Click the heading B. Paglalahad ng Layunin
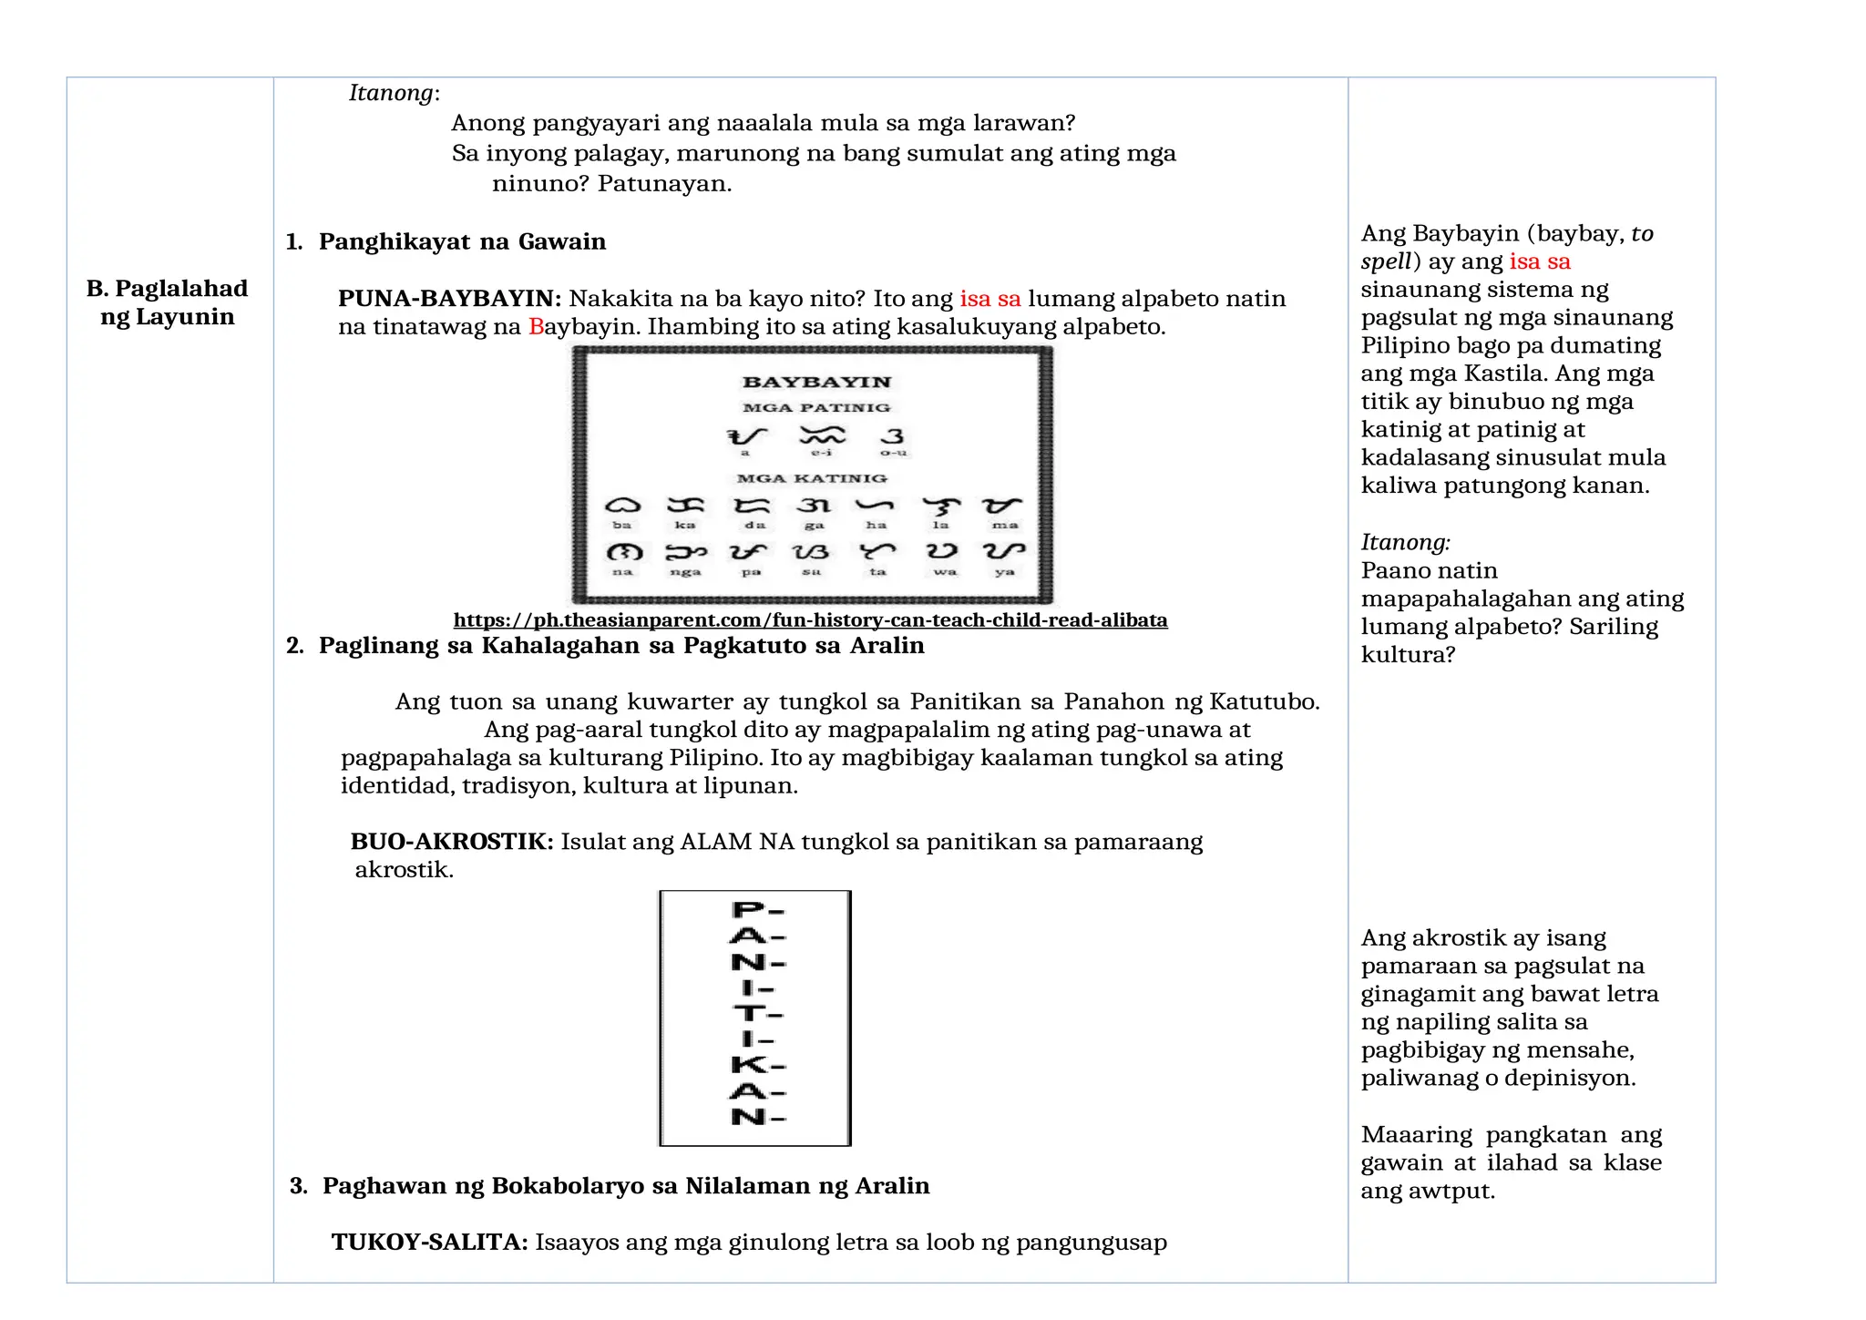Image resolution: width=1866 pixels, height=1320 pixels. tap(168, 302)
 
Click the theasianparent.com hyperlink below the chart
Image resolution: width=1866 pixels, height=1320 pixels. tap(810, 620)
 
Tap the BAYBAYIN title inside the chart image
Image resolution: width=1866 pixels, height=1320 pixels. tap(816, 382)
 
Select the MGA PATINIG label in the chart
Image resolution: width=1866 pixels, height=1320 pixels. tap(816, 407)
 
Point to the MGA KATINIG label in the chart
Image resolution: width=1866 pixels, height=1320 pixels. tap(812, 478)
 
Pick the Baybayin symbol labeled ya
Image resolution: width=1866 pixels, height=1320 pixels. tap(1004, 551)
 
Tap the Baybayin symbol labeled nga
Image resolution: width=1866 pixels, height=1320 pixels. tap(685, 552)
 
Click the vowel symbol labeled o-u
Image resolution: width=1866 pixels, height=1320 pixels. tap(893, 436)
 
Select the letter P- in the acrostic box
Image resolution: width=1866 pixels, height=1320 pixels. tap(757, 909)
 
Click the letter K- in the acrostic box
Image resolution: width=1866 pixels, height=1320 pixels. tap(757, 1064)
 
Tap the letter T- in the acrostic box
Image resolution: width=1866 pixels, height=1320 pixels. tap(757, 1013)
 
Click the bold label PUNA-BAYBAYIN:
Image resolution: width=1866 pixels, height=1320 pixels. tap(449, 299)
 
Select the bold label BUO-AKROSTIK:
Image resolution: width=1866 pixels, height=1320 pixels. tap(452, 842)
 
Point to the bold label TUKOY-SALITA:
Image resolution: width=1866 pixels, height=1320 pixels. tap(429, 1243)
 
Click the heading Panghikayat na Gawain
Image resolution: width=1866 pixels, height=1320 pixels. tap(462, 241)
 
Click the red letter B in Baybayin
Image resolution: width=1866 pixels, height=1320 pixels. tap(536, 327)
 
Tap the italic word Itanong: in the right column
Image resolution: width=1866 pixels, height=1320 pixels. tap(1405, 543)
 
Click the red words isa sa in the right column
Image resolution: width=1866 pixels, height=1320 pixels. tap(1540, 261)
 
